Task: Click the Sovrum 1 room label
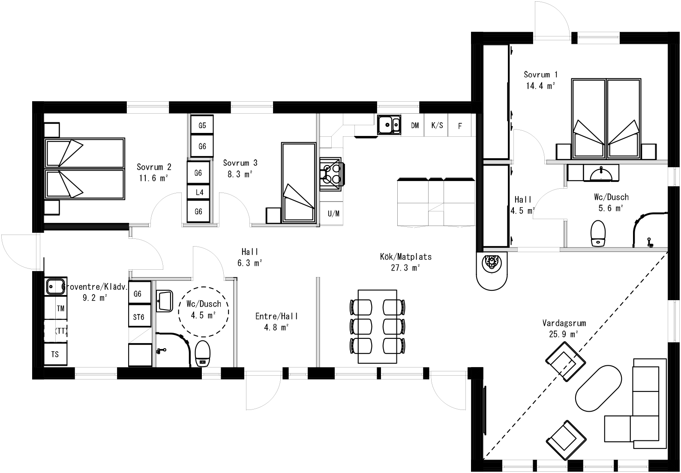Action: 540,75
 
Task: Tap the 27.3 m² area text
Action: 405,268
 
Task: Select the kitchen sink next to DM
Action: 389,125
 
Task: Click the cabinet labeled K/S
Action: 437,126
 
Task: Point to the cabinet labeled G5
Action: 202,125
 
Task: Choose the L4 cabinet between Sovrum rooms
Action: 199,192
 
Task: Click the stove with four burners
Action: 331,173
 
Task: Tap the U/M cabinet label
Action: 333,213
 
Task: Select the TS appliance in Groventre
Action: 55,355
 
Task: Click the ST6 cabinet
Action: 138,317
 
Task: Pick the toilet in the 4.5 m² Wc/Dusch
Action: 202,353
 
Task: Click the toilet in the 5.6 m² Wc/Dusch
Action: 597,233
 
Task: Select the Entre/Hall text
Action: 276,316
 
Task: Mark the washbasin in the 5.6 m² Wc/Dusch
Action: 601,173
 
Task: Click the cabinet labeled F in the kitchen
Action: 460,126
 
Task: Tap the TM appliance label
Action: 60,308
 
